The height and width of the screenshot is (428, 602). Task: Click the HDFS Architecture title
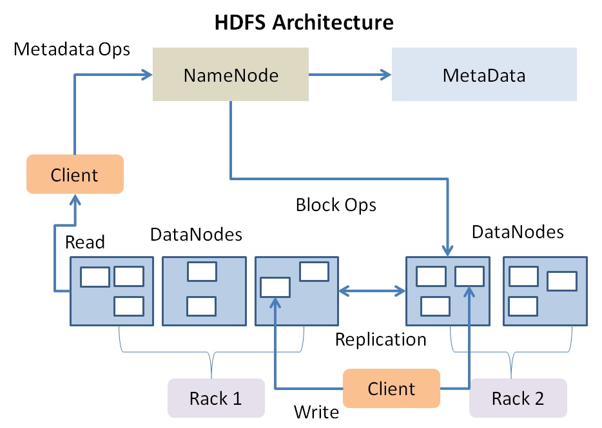click(304, 23)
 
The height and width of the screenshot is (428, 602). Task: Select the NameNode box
click(230, 76)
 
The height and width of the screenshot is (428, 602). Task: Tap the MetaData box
click(484, 76)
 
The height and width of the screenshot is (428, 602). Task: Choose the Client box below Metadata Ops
click(75, 174)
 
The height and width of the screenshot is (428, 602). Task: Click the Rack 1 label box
click(216, 398)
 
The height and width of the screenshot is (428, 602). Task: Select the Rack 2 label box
click(518, 398)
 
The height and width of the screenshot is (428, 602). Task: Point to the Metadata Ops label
click(72, 49)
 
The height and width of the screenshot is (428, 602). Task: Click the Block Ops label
click(336, 205)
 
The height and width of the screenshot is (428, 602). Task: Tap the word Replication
click(380, 339)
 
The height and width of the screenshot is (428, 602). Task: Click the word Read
click(85, 242)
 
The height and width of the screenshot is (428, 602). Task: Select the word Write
click(316, 411)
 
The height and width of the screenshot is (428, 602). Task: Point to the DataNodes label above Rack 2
click(518, 232)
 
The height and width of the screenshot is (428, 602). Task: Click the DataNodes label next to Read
click(196, 234)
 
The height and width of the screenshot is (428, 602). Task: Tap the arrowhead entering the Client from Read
click(75, 200)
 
